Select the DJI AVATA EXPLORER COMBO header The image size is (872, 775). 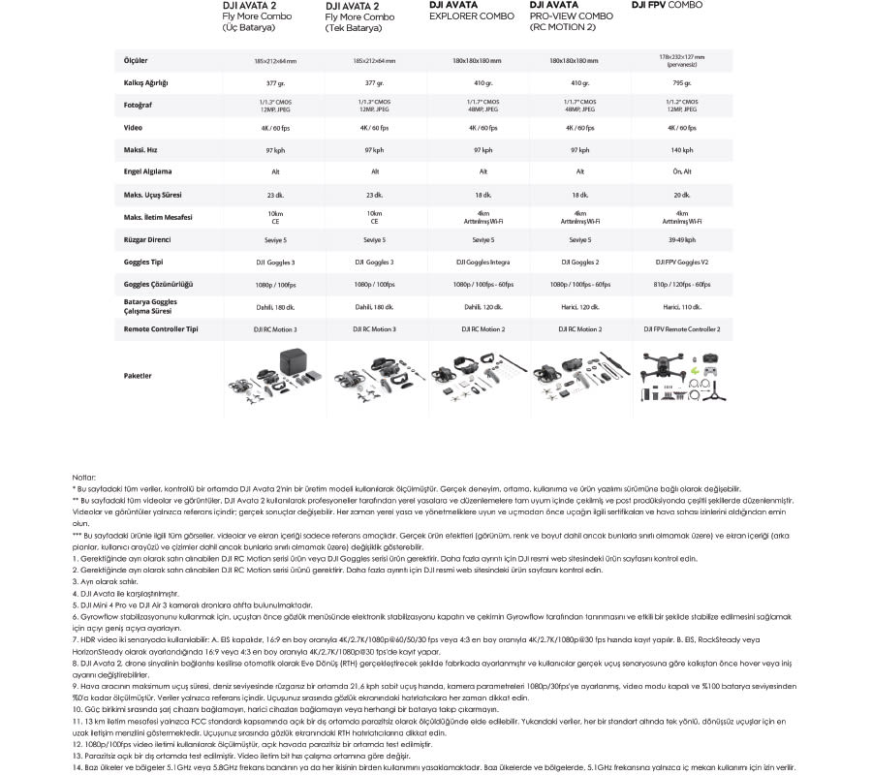471,11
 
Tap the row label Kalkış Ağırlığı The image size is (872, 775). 146,82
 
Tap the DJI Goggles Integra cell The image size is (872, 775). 483,262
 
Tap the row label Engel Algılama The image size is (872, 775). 148,171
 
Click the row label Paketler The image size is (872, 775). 139,374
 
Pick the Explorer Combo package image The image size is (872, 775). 483,376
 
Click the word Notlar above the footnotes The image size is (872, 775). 84,478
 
